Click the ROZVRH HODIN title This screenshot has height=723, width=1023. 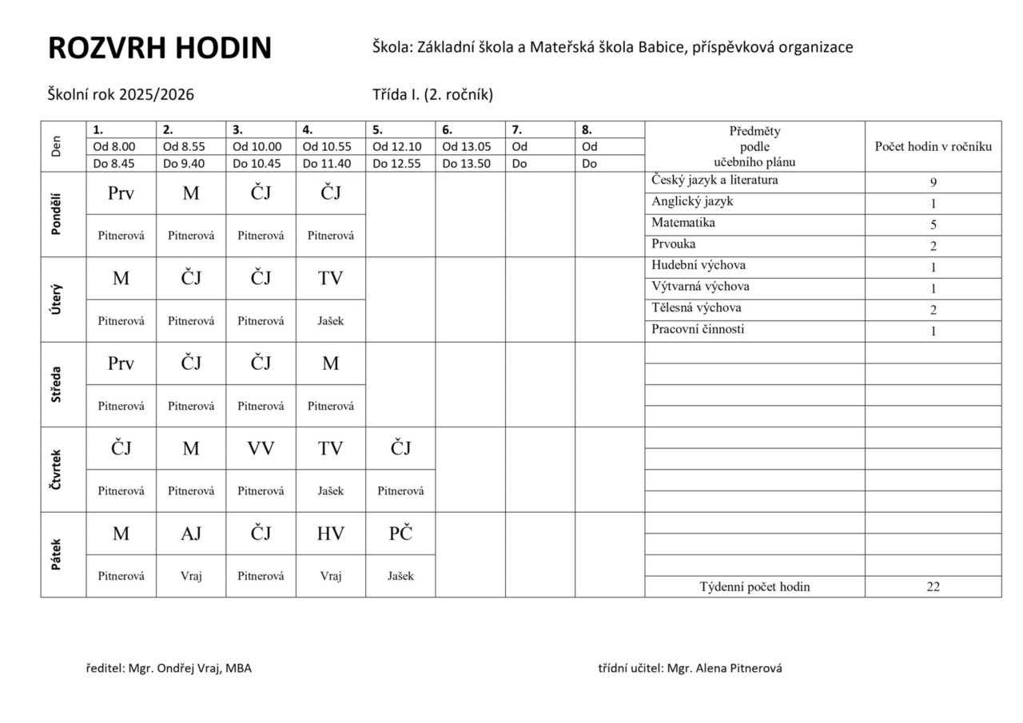[x=160, y=49]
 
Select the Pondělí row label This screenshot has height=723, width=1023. [x=56, y=214]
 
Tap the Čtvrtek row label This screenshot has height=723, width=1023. [x=56, y=470]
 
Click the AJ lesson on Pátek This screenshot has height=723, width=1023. [x=191, y=534]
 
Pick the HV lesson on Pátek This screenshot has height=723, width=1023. [x=330, y=534]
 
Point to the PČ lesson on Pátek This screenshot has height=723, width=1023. [x=400, y=534]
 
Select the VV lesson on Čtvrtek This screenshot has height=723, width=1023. [x=261, y=448]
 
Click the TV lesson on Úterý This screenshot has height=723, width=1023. [x=330, y=278]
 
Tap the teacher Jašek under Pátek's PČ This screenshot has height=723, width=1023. [x=400, y=576]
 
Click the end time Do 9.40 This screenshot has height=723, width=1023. [x=183, y=164]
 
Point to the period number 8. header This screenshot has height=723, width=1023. [x=587, y=129]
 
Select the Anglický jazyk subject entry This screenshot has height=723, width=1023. [x=692, y=201]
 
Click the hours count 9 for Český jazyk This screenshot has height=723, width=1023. [x=933, y=182]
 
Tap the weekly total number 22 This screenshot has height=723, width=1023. [x=933, y=586]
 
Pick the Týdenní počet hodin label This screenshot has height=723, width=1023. [x=754, y=586]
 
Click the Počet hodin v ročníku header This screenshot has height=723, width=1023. [x=933, y=146]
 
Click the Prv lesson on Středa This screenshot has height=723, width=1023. [x=121, y=363]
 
